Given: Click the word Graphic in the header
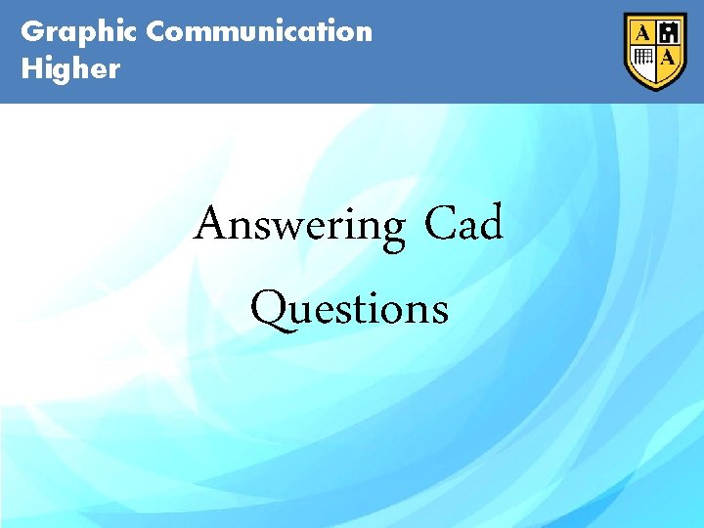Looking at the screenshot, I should pos(78,31).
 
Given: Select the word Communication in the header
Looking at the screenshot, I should pos(259,31).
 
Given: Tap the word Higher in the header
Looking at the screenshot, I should pos(70,68).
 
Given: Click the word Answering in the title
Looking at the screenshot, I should pos(299,225).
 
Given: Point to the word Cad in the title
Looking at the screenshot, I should pos(463,223).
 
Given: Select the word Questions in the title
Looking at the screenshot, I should pos(349,309).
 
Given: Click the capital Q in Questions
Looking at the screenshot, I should pos(269,309).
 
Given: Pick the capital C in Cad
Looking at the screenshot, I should pos(439,224).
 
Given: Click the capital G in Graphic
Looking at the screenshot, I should pos(32,31).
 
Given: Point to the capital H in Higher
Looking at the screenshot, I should pos(32,68).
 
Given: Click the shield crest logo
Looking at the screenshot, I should pos(656,51).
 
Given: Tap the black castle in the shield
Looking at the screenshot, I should pos(669,34).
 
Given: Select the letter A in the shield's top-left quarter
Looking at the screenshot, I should pos(643,33).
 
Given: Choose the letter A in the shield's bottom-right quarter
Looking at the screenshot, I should pos(669,58).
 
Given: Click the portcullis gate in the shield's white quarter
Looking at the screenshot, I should pos(643,57).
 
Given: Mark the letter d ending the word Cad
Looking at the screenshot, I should pos(490,223).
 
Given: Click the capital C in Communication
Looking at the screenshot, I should pos(157,31).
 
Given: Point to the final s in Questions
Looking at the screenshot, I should pos(440,312).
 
